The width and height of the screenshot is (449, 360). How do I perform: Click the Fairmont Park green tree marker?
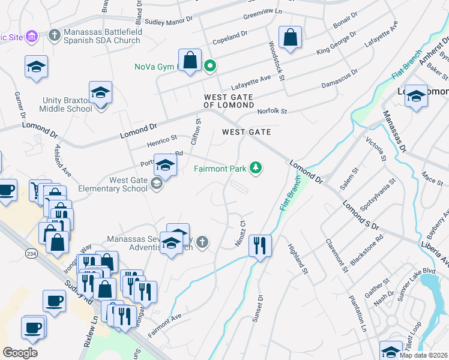click(256, 168)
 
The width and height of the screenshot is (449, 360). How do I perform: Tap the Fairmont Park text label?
click(220, 169)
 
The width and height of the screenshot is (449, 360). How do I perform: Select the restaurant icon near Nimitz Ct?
click(260, 245)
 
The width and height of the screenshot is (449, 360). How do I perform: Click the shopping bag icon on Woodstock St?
click(290, 37)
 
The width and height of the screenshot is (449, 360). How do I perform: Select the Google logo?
click(20, 352)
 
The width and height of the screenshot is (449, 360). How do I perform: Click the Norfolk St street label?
click(273, 112)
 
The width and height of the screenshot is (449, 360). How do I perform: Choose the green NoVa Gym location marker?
click(209, 66)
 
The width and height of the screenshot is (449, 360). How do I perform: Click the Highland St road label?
click(298, 259)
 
